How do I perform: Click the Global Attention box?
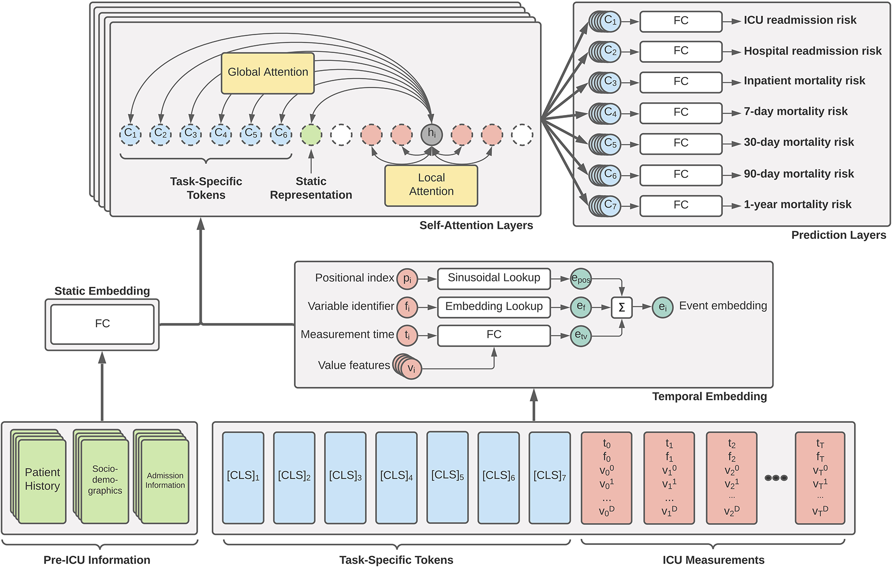(268, 73)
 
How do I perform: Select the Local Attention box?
(431, 185)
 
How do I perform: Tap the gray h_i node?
(431, 135)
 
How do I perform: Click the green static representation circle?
(311, 135)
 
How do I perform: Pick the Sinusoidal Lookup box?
(493, 278)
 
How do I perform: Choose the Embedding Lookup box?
(493, 307)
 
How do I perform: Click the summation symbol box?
(622, 307)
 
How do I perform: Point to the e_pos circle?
(581, 279)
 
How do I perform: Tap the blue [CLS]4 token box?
(396, 477)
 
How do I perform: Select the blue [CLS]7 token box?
(549, 477)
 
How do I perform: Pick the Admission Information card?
(165, 481)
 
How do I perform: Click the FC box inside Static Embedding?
(102, 324)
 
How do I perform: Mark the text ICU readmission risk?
(800, 20)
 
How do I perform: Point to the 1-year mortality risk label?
(797, 205)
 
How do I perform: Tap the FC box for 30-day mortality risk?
(681, 143)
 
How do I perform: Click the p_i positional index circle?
(407, 279)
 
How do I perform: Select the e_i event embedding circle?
(662, 307)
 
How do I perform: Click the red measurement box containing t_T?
(820, 477)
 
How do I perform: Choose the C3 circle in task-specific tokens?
(191, 135)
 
